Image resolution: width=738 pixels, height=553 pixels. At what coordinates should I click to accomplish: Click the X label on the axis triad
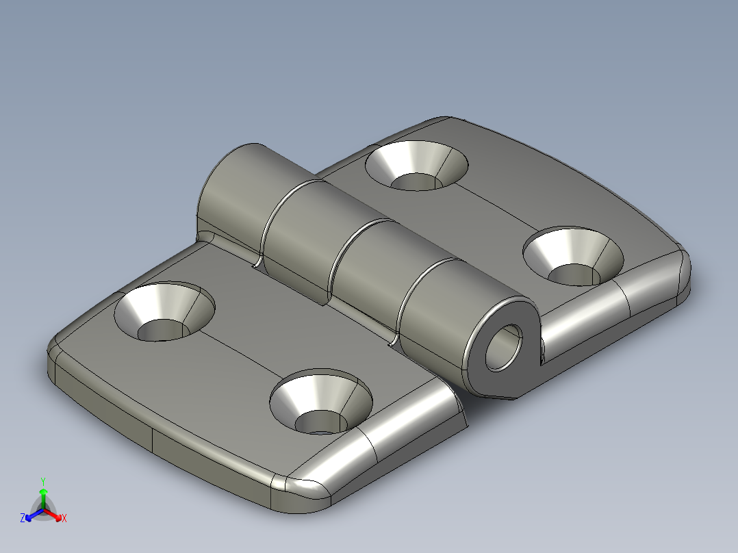(x=64, y=519)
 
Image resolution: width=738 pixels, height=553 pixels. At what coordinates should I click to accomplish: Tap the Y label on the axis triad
(x=43, y=481)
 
